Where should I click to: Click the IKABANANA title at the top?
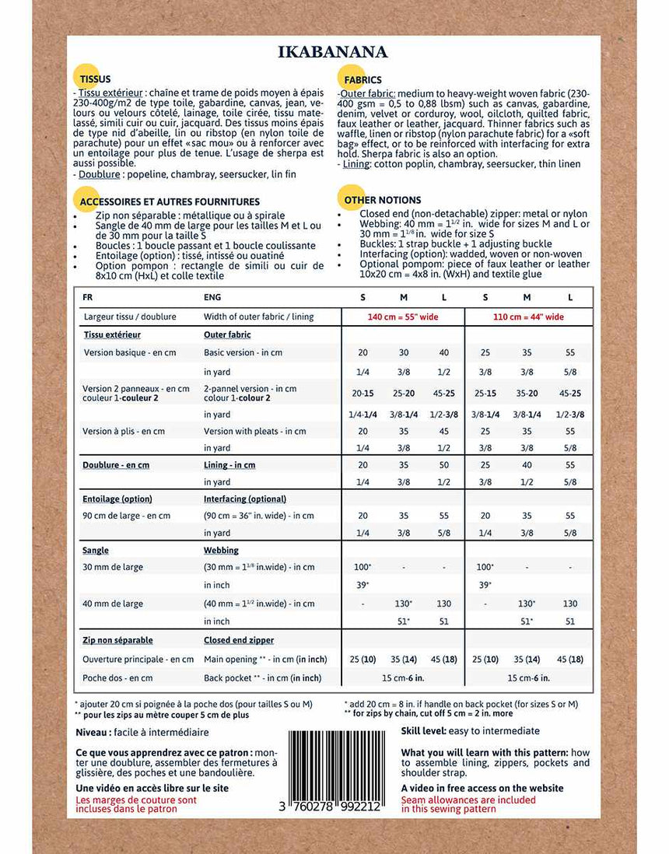tap(332, 52)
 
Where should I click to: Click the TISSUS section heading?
tap(95, 79)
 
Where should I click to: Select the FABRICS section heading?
tap(363, 80)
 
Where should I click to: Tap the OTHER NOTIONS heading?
tap(383, 200)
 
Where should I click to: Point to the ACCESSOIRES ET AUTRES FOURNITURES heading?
tap(170, 201)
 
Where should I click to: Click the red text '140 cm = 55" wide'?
tap(403, 317)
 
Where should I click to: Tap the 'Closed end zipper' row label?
tap(238, 640)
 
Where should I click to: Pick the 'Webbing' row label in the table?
tap(221, 550)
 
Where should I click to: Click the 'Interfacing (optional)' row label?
tap(245, 499)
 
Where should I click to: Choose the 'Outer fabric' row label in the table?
tap(227, 334)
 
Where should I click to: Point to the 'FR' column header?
tap(87, 297)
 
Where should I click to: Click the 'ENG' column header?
tap(212, 297)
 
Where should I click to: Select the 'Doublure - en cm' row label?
tap(116, 465)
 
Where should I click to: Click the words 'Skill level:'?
tap(427, 731)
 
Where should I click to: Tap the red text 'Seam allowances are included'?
tap(468, 799)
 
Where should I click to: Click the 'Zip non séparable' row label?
tap(117, 640)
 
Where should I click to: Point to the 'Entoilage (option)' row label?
tap(117, 499)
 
